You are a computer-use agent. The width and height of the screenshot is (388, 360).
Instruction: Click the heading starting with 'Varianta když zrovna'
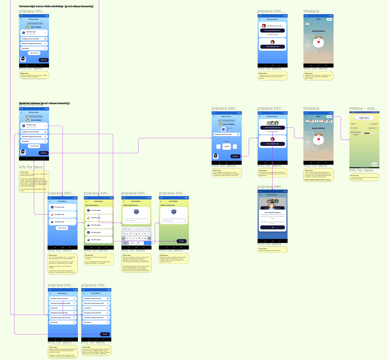click(x=56, y=7)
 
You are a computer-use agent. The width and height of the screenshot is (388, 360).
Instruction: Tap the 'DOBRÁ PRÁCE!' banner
click(x=364, y=117)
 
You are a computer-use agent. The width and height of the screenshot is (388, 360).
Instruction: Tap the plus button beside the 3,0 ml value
click(x=235, y=146)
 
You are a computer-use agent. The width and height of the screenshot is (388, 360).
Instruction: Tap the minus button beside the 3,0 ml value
click(x=218, y=146)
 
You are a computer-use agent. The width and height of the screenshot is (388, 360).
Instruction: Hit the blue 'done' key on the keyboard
click(x=149, y=243)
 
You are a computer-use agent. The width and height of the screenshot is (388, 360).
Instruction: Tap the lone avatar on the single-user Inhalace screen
click(x=308, y=24)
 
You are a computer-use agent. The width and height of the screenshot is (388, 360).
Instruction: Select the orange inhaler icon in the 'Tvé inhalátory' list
click(x=53, y=215)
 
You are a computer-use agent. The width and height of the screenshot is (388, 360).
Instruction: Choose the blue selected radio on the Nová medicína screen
click(x=108, y=299)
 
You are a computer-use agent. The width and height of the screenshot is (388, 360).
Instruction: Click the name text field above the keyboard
click(x=136, y=221)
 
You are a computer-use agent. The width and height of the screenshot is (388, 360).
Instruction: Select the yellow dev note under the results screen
click(x=364, y=176)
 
